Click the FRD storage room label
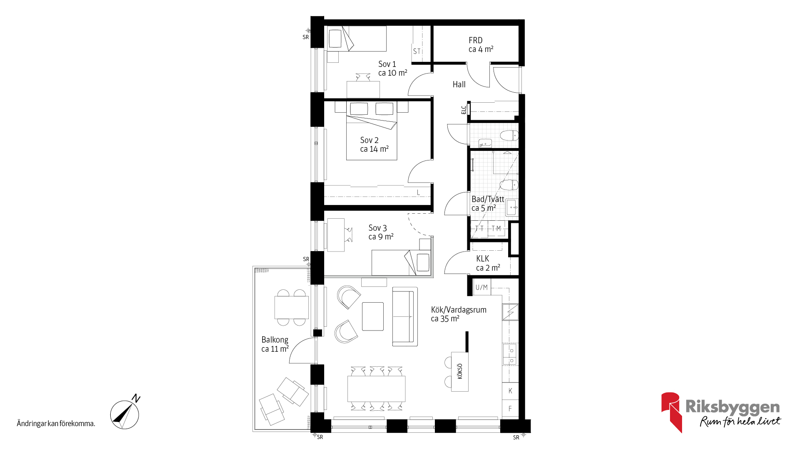(x=481, y=44)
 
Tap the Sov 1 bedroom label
(x=392, y=68)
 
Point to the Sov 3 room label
(x=381, y=232)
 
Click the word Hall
(x=459, y=84)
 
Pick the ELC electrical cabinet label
(x=464, y=110)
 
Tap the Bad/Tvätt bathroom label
(x=488, y=204)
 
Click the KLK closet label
(x=488, y=263)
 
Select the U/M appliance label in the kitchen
(x=481, y=287)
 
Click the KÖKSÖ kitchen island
(x=460, y=371)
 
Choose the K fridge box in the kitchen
(x=510, y=391)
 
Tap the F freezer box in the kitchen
(x=510, y=409)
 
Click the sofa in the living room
(x=405, y=317)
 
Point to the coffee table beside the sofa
(x=373, y=316)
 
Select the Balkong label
(x=275, y=344)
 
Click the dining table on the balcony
(x=292, y=307)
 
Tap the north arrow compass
(x=125, y=414)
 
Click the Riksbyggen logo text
(x=732, y=407)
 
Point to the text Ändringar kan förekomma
(x=56, y=424)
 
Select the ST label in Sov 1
(x=417, y=52)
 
